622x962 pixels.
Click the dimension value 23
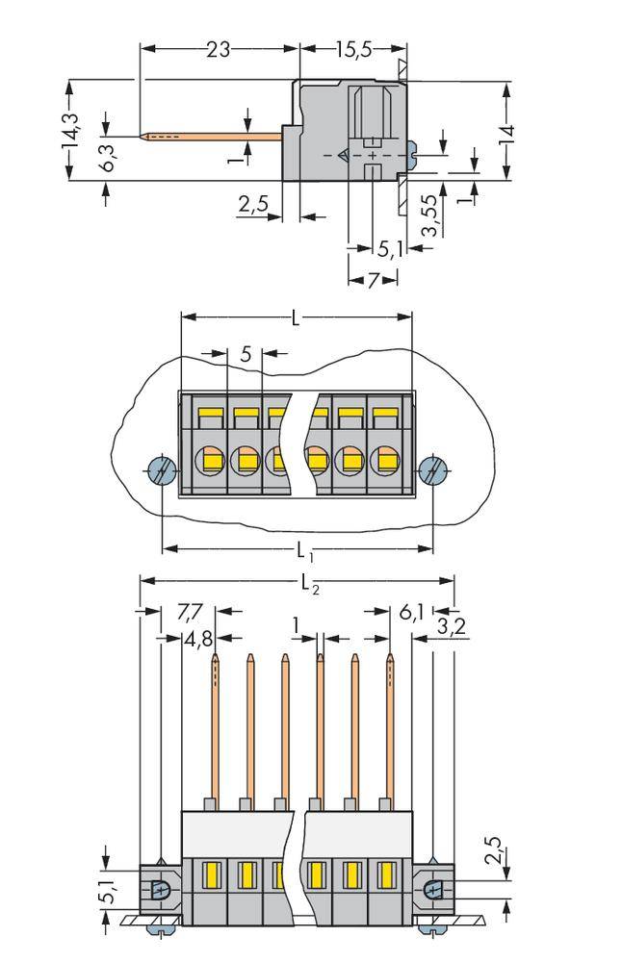(x=219, y=49)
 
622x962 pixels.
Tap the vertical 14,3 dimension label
(x=70, y=131)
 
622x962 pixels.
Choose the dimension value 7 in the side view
(x=372, y=279)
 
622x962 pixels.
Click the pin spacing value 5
(x=246, y=354)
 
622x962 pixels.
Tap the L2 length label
(x=309, y=582)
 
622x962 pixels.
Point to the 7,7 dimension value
(x=191, y=611)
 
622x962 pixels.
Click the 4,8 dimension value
(x=197, y=639)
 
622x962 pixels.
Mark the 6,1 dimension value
(x=409, y=611)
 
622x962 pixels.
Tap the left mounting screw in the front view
(x=161, y=471)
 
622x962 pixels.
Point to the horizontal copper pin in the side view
(x=212, y=136)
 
